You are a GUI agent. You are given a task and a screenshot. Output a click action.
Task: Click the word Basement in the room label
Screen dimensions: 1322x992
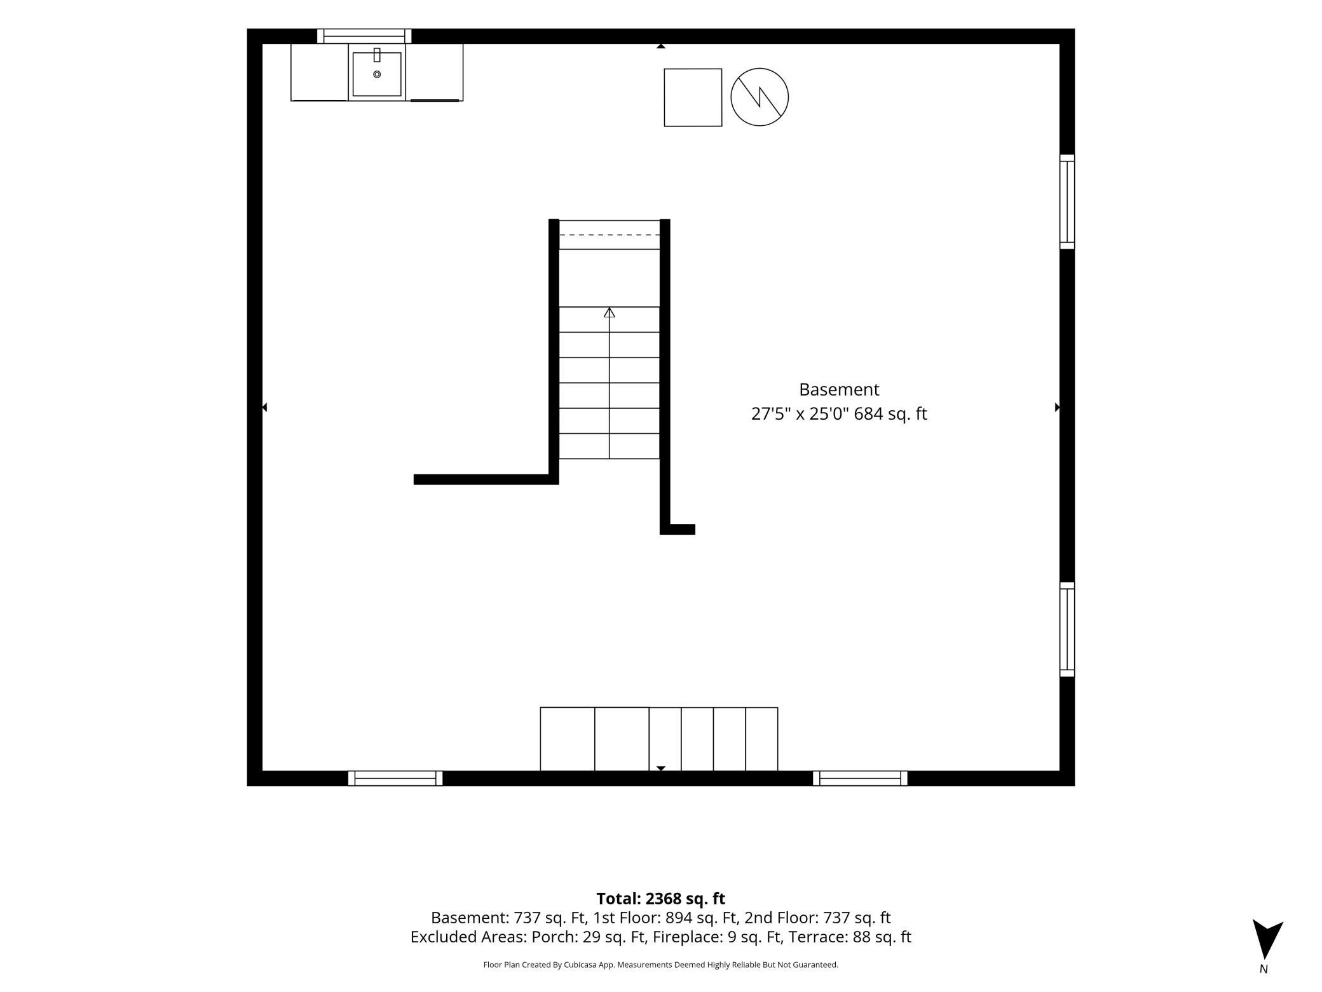839,389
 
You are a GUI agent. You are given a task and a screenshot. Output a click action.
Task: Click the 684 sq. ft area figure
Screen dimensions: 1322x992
890,414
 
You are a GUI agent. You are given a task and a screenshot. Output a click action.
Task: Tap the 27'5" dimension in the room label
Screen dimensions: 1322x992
771,414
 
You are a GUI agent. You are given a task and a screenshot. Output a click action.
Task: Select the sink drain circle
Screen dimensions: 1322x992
377,74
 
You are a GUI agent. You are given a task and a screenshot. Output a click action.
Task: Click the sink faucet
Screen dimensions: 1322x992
377,55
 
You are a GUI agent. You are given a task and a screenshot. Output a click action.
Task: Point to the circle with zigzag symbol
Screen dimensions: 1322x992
760,97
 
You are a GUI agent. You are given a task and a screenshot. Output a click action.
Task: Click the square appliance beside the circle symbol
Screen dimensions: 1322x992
693,97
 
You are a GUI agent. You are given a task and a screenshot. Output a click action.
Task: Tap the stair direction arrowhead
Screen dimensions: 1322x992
610,312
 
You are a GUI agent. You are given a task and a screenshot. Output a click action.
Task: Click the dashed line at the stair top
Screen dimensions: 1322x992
610,235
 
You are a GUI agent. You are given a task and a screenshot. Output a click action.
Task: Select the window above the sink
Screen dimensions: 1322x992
364,36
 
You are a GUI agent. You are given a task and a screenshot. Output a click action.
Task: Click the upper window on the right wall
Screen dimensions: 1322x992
1067,202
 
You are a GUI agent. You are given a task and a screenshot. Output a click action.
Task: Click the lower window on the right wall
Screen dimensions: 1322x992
1067,629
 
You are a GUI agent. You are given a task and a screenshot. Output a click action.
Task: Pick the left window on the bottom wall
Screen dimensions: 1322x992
395,778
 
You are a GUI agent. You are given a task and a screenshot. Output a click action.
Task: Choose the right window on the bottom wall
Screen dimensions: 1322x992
860,778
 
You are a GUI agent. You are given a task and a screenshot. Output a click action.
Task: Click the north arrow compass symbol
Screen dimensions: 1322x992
1267,939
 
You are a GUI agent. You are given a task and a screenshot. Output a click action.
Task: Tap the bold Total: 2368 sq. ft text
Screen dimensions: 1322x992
660,899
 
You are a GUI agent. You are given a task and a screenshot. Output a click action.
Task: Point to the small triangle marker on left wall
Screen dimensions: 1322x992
264,407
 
